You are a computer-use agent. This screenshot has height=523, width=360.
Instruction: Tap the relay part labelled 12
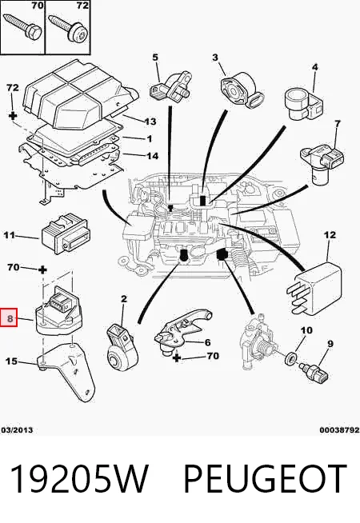click(314, 287)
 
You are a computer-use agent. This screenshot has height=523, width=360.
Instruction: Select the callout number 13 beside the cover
click(150, 122)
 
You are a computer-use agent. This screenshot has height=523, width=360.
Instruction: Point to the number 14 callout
click(153, 156)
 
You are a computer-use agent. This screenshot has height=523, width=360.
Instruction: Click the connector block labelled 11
click(64, 234)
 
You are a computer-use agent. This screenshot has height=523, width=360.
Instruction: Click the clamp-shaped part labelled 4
click(304, 103)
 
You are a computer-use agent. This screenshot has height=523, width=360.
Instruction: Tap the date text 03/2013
click(17, 430)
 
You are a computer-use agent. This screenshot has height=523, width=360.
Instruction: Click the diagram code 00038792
click(340, 430)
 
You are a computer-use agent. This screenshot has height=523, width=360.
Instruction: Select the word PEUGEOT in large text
click(266, 479)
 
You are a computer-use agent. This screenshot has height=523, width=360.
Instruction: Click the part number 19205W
click(79, 479)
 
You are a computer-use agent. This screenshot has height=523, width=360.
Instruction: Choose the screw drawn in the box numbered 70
click(22, 26)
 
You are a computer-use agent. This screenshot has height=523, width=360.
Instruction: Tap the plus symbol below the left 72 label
click(12, 116)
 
